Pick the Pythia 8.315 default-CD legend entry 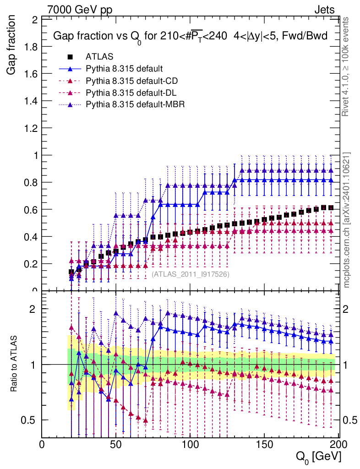pyautogui.click(x=132, y=81)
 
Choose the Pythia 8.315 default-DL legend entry pyautogui.click(x=132, y=93)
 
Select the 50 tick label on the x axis pyautogui.click(x=116, y=444)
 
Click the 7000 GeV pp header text pyautogui.click(x=80, y=10)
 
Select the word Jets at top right pyautogui.click(x=324, y=10)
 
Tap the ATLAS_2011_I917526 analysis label pyautogui.click(x=191, y=274)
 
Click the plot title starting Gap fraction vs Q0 pyautogui.click(x=190, y=36)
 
